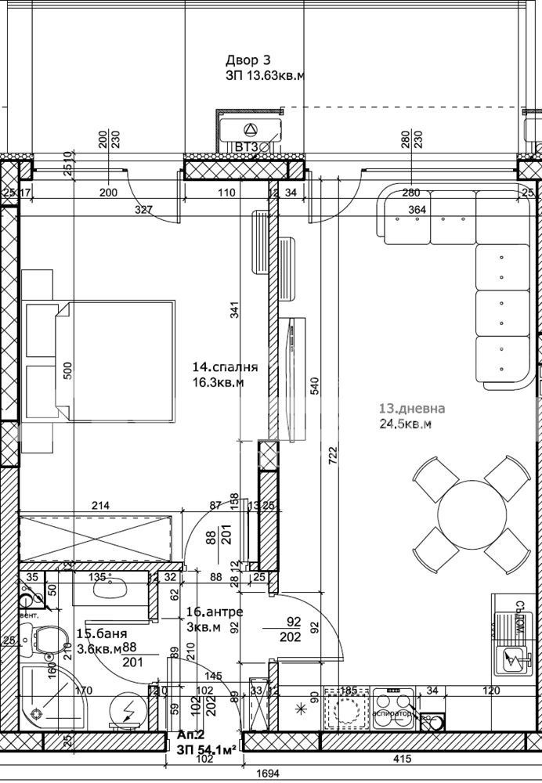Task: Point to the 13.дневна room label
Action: point(412,409)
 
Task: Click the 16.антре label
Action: point(215,612)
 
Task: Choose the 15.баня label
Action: point(102,633)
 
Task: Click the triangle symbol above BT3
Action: point(250,129)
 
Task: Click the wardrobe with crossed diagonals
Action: point(96,537)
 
